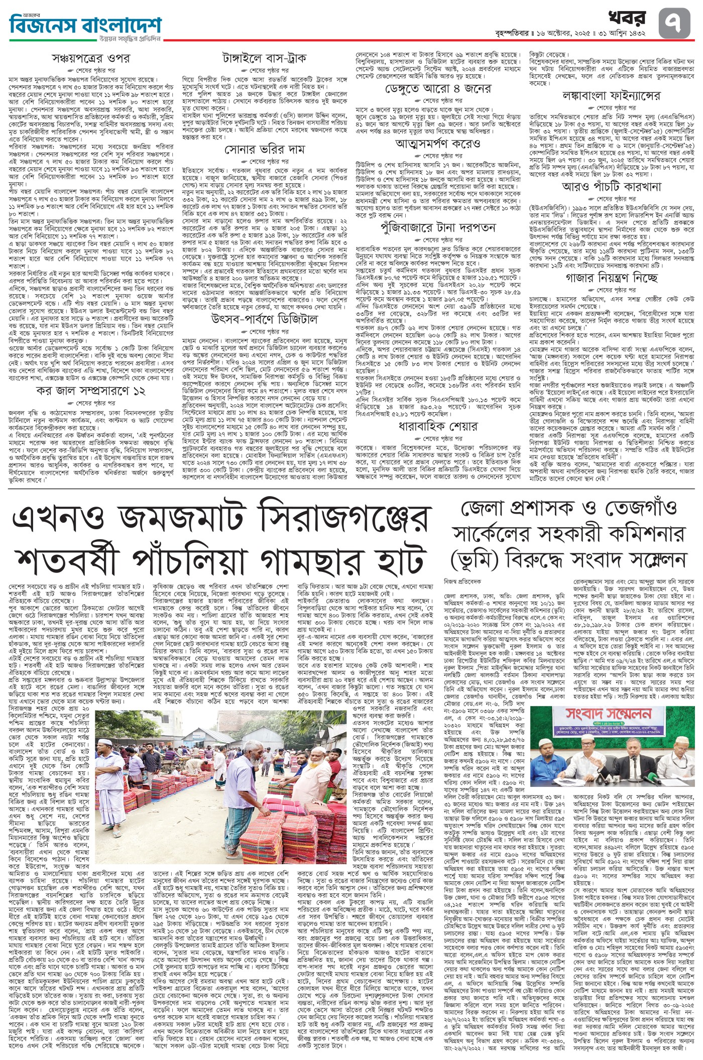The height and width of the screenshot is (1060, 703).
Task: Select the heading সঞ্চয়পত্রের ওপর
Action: tap(91, 59)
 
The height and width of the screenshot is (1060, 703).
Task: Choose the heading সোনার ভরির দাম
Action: tap(265, 150)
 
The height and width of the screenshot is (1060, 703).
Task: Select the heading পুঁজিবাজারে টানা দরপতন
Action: tap(439, 227)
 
